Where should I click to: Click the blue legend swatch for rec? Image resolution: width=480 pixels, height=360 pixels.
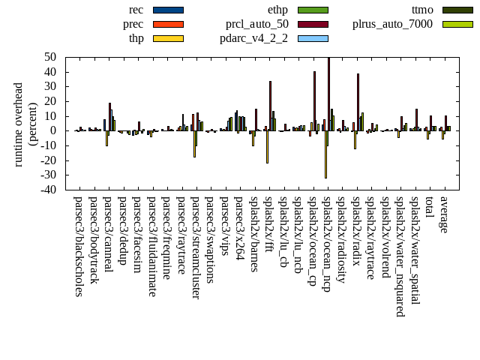click(x=168, y=10)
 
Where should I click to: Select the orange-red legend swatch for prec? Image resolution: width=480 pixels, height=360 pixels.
click(x=168, y=24)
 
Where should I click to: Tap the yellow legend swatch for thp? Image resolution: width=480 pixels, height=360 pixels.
click(x=168, y=38)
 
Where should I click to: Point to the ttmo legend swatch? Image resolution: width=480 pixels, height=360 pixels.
click(x=457, y=10)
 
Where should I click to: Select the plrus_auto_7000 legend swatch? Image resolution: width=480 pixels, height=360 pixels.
click(x=457, y=24)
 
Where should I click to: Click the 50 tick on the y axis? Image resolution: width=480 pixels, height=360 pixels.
click(x=52, y=57)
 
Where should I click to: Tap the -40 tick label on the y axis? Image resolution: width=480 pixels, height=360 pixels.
click(x=49, y=190)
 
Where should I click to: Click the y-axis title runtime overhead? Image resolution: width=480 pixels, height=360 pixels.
click(x=18, y=124)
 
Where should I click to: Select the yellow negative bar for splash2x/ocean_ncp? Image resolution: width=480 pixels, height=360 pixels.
click(x=325, y=154)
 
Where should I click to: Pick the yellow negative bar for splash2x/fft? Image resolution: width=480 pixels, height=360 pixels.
click(x=267, y=146)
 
